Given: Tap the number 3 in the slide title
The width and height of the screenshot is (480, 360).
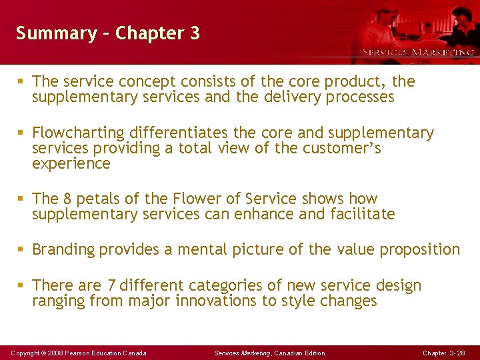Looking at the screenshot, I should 195,33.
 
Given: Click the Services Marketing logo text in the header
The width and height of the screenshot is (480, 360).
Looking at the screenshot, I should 417,52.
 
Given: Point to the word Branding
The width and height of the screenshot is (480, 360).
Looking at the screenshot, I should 63,250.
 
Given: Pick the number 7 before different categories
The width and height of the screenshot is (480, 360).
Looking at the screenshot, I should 111,285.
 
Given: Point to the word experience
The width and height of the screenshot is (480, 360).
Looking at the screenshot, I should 71,164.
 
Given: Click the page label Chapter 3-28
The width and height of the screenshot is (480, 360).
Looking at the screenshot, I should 444,353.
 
